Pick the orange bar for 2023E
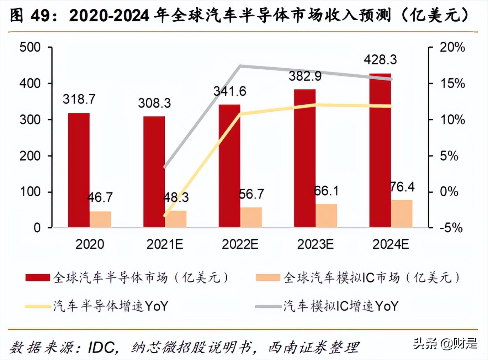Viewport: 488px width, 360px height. point(326,216)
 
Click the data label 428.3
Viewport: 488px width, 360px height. point(380,59)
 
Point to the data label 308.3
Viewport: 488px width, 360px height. point(154,103)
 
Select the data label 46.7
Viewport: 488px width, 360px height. point(100,197)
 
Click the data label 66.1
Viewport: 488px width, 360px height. point(326,191)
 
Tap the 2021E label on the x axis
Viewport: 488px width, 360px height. point(165,244)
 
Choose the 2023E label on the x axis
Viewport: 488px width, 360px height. point(315,244)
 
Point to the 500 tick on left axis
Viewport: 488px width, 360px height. point(30,47)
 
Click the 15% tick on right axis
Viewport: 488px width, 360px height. point(452,83)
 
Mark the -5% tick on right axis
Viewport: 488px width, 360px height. point(451,228)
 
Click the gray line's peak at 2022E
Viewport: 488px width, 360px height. point(240,66)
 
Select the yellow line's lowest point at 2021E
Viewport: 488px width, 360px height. point(165,216)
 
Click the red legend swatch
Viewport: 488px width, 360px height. point(38,277)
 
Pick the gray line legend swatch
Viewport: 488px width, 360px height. point(268,306)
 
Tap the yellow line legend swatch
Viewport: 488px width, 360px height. point(38,306)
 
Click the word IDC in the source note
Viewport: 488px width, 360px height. point(102,347)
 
